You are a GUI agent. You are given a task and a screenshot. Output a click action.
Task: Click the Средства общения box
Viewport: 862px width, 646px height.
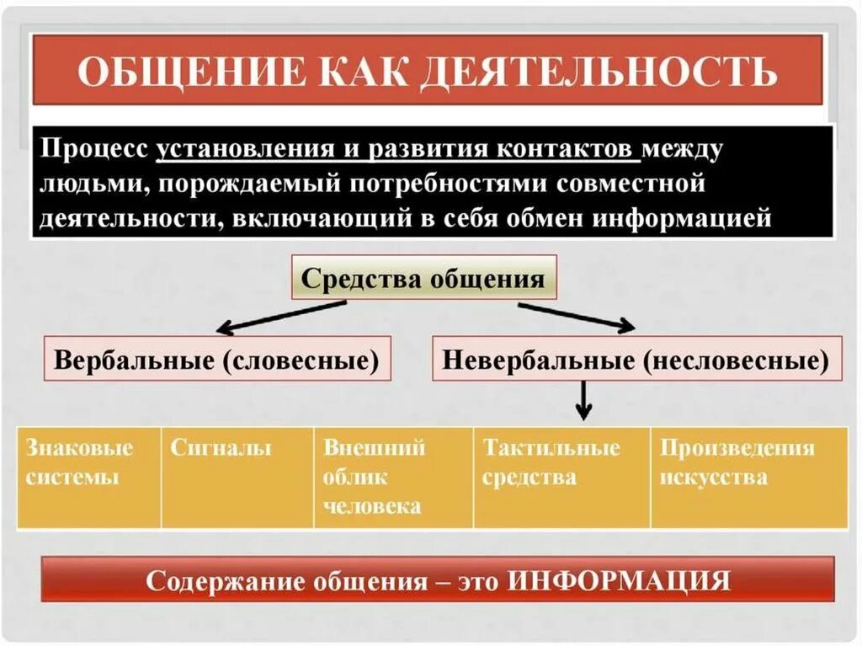click(x=423, y=278)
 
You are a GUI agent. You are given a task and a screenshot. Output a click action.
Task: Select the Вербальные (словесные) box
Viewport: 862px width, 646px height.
click(x=217, y=359)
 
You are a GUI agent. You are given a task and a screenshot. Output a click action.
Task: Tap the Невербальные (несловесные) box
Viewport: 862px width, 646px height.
click(x=636, y=359)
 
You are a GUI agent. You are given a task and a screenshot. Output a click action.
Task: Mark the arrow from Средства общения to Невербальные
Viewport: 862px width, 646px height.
click(x=577, y=318)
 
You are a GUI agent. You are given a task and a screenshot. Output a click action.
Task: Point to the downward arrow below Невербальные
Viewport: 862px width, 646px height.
click(x=583, y=399)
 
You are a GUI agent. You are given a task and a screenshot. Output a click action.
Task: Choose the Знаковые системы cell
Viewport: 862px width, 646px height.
click(x=88, y=477)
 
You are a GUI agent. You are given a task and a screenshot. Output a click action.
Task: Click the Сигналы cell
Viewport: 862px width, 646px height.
click(x=237, y=477)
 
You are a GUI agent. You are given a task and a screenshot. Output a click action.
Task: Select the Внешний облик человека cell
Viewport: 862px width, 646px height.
click(x=393, y=477)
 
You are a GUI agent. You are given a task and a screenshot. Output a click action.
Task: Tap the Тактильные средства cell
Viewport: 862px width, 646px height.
click(x=561, y=477)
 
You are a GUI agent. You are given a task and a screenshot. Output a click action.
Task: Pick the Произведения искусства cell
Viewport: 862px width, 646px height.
click(x=748, y=477)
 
